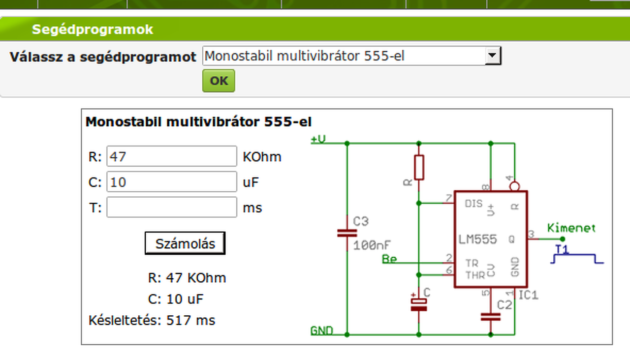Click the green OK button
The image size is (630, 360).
[x=219, y=81]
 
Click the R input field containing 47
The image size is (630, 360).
[x=171, y=157]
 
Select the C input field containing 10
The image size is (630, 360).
[x=171, y=182]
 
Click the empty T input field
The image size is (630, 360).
[x=171, y=208]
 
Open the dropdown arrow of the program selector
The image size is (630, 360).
[x=493, y=56]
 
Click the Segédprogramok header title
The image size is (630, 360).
[x=93, y=30]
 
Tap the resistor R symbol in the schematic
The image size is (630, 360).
[x=419, y=167]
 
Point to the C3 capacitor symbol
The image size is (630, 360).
[x=347, y=233]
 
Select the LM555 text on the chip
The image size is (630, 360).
[x=477, y=240]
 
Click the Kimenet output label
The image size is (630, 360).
[x=571, y=228]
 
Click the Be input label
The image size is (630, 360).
[x=389, y=259]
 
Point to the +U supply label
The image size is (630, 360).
[x=318, y=139]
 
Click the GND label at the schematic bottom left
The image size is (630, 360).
[x=321, y=330]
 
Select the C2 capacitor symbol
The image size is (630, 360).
[x=490, y=317]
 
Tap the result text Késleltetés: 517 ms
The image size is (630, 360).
[x=152, y=321]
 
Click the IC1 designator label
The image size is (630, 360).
[x=528, y=295]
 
